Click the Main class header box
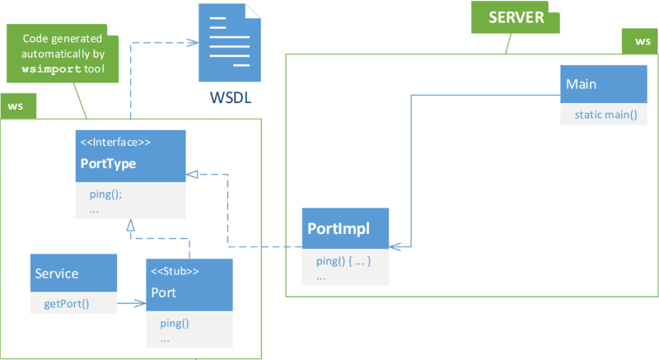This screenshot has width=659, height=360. point(601,85)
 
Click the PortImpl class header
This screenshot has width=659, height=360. point(345,227)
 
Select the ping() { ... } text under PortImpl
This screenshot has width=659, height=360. point(344,261)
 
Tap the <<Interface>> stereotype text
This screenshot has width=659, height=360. point(115,143)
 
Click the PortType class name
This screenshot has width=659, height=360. point(108,164)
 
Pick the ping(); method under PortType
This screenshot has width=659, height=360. point(105,194)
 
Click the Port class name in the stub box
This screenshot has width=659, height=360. point(163,292)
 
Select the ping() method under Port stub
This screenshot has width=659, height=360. point(174,323)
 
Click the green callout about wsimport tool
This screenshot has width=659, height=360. point(62,54)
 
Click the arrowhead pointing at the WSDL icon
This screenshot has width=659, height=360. point(192,43)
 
